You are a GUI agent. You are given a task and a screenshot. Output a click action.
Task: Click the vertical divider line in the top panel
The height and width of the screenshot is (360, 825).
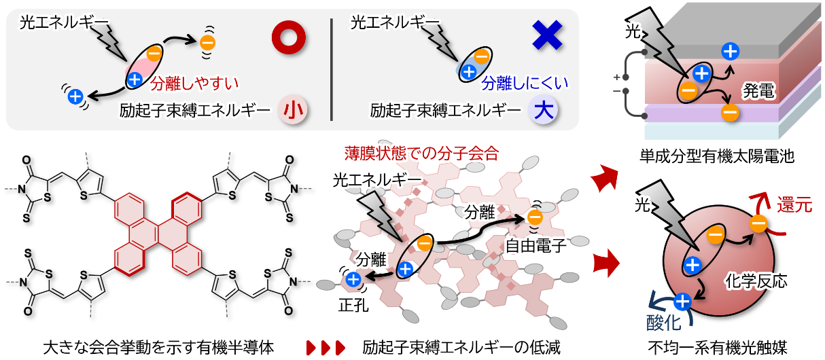(332, 67)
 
